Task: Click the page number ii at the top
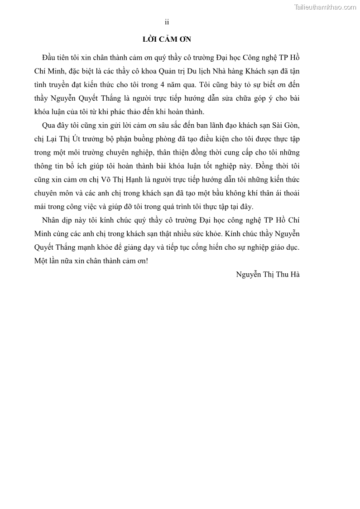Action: (x=167, y=22)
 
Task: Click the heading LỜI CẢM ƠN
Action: (x=167, y=39)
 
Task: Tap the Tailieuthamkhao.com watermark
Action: (x=325, y=7)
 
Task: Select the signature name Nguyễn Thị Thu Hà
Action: (x=268, y=274)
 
